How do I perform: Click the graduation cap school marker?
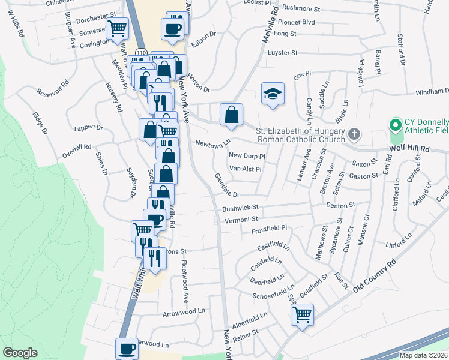click(273, 94)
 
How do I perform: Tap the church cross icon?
click(354, 134)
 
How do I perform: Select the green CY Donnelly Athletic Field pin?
click(395, 125)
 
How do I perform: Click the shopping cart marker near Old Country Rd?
click(303, 313)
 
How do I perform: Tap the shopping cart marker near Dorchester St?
click(117, 28)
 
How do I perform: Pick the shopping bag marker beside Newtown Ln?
click(231, 114)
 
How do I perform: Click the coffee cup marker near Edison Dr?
click(172, 28)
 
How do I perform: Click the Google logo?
click(20, 353)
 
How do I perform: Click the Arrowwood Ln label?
click(184, 313)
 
